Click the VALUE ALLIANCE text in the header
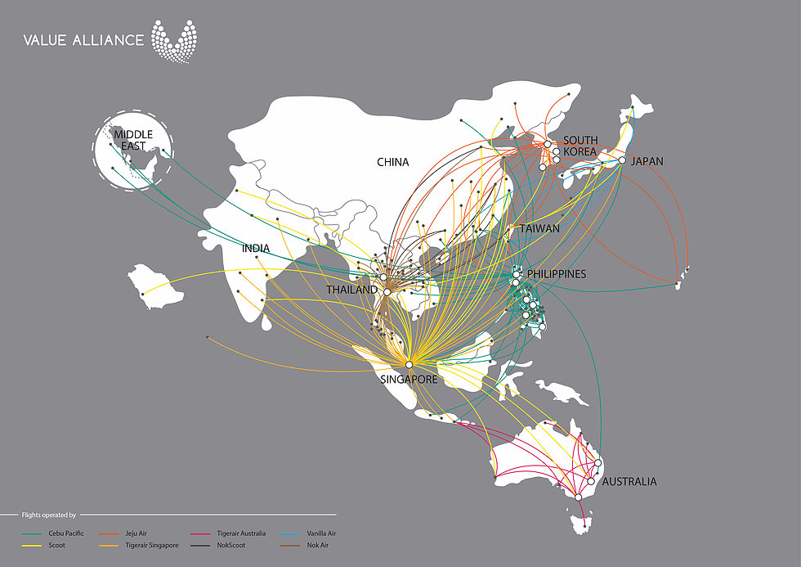click(x=83, y=39)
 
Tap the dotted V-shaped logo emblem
click(x=173, y=40)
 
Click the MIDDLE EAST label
click(x=133, y=140)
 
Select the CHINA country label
click(x=392, y=162)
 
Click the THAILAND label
click(x=351, y=290)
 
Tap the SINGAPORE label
click(x=408, y=380)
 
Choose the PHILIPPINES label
click(x=557, y=273)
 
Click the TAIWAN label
click(x=539, y=229)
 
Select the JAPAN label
click(x=647, y=161)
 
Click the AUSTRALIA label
click(x=629, y=481)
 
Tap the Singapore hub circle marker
click(x=409, y=364)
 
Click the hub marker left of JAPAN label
click(x=622, y=160)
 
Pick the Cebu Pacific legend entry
click(x=57, y=533)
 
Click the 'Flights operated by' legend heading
click(x=49, y=515)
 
